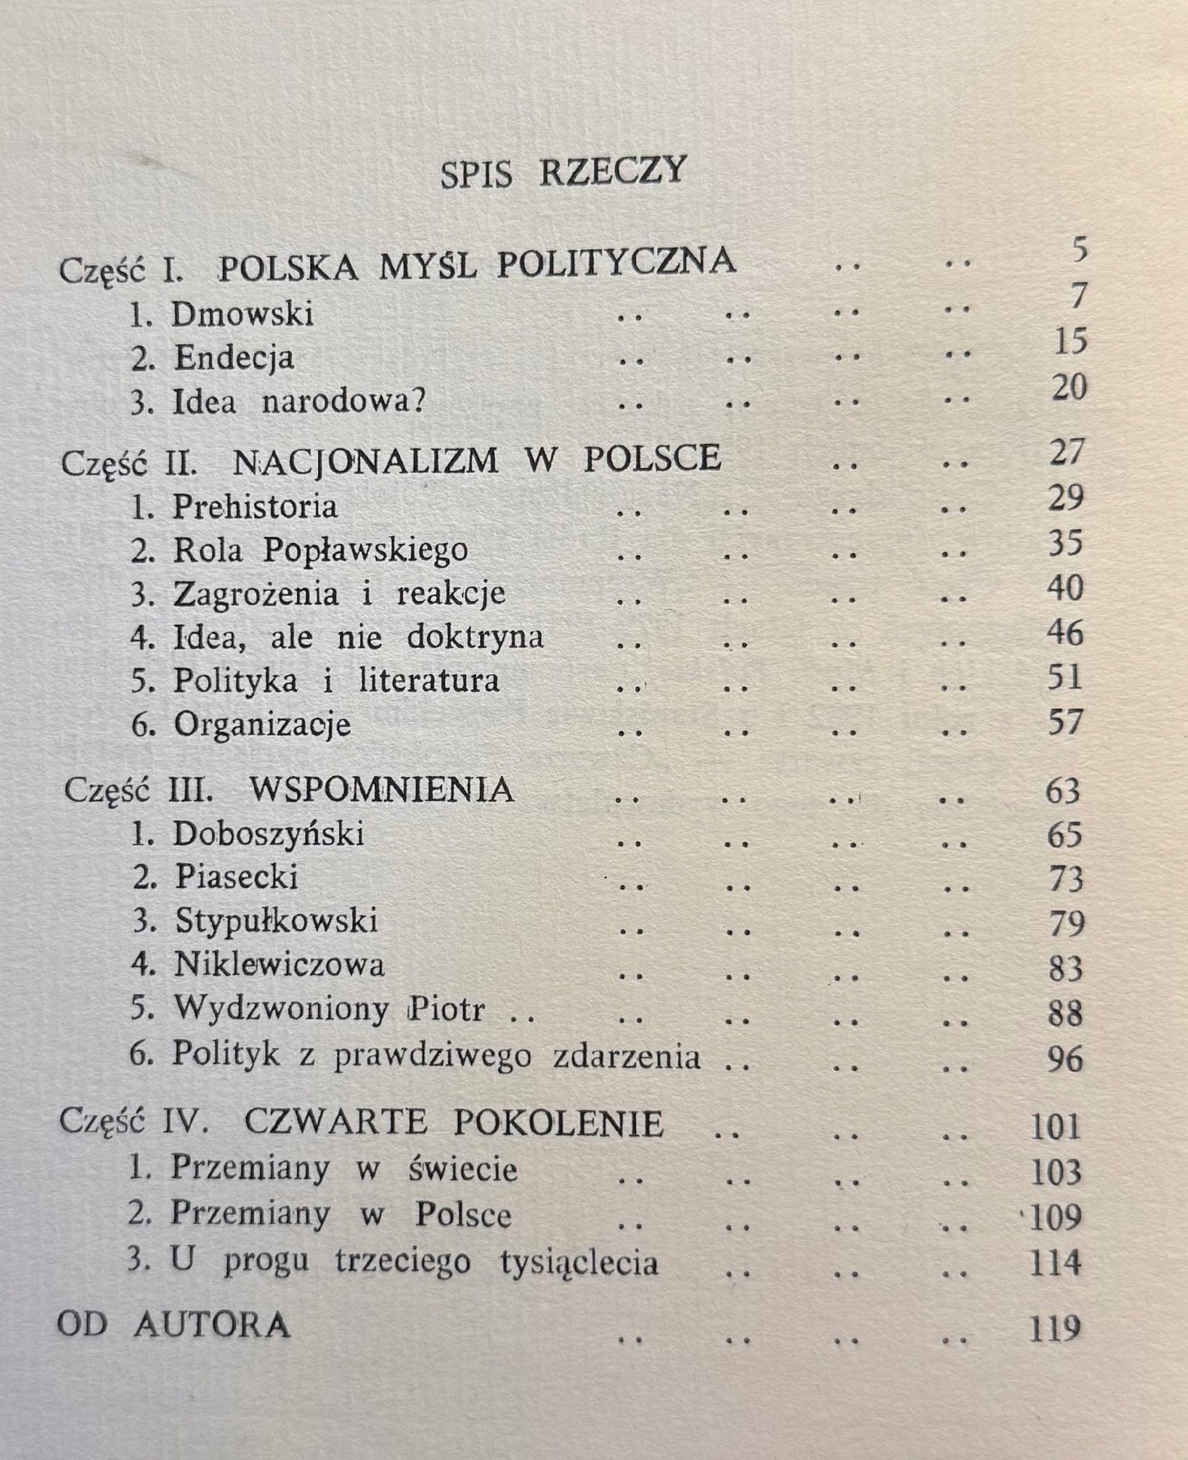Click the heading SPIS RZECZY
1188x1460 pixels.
563,172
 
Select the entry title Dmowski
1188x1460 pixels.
243,315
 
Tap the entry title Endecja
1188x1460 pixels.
234,358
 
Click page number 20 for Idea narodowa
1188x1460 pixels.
1068,387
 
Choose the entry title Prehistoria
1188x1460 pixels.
255,506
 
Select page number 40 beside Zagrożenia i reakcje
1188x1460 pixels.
1066,589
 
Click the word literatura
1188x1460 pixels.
429,681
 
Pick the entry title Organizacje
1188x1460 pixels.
262,725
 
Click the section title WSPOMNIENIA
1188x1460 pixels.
381,791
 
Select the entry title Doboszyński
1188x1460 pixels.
268,835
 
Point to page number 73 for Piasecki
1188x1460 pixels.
1066,880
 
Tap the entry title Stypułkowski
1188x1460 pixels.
276,922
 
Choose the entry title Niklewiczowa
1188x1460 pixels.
279,965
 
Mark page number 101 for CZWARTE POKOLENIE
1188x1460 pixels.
1056,1126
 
